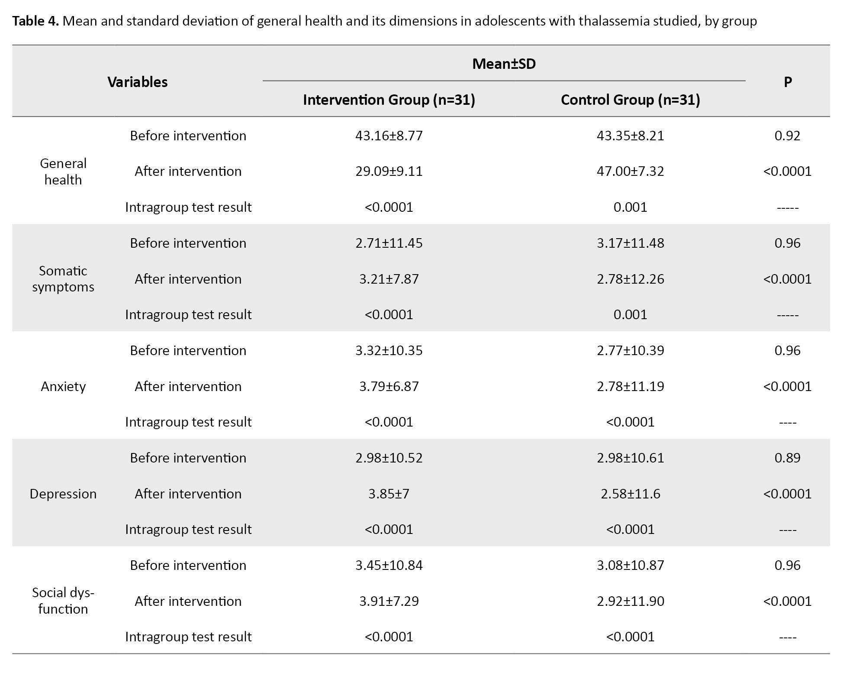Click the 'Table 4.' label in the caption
coord(35,21)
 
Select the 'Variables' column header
coord(138,82)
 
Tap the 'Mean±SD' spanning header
coord(504,64)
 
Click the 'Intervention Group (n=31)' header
coord(389,100)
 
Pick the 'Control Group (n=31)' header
coord(630,100)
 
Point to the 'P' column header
coord(788,82)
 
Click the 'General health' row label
coord(63,171)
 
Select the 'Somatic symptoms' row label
coord(63,279)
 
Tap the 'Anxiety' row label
coord(63,386)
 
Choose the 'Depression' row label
coord(63,494)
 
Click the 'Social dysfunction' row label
coord(63,601)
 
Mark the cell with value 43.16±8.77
coord(389,136)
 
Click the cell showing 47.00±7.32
coord(630,171)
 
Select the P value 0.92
coord(788,136)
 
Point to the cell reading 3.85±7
coord(389,494)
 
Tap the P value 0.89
coord(788,458)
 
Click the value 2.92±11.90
coord(630,601)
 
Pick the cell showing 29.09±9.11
coord(389,171)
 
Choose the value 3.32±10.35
coord(389,350)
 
